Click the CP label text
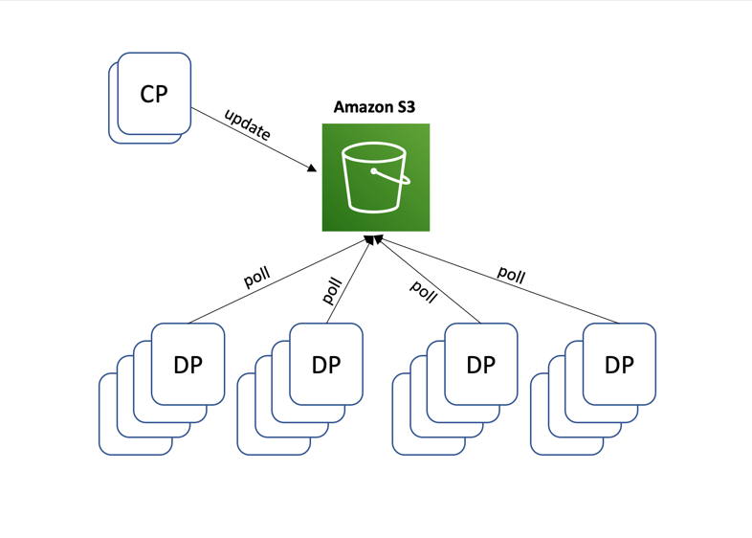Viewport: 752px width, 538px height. click(x=153, y=94)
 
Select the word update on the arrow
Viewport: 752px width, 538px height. click(x=248, y=124)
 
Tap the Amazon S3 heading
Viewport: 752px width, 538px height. click(x=375, y=107)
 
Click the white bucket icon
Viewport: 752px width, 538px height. click(x=373, y=178)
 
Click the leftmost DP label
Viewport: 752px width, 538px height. click(x=188, y=365)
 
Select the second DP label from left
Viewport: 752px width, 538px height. click(x=326, y=365)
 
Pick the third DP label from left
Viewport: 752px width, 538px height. click(x=480, y=365)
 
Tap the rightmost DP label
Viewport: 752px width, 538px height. click(x=619, y=365)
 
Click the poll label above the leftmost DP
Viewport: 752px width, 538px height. click(x=257, y=278)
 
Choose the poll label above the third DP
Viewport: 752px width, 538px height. click(x=423, y=290)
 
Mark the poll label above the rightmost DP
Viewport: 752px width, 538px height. click(x=511, y=275)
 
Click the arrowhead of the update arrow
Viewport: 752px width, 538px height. click(x=312, y=168)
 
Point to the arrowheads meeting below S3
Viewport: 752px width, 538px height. click(x=375, y=237)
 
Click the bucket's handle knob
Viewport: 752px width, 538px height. click(x=373, y=171)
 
